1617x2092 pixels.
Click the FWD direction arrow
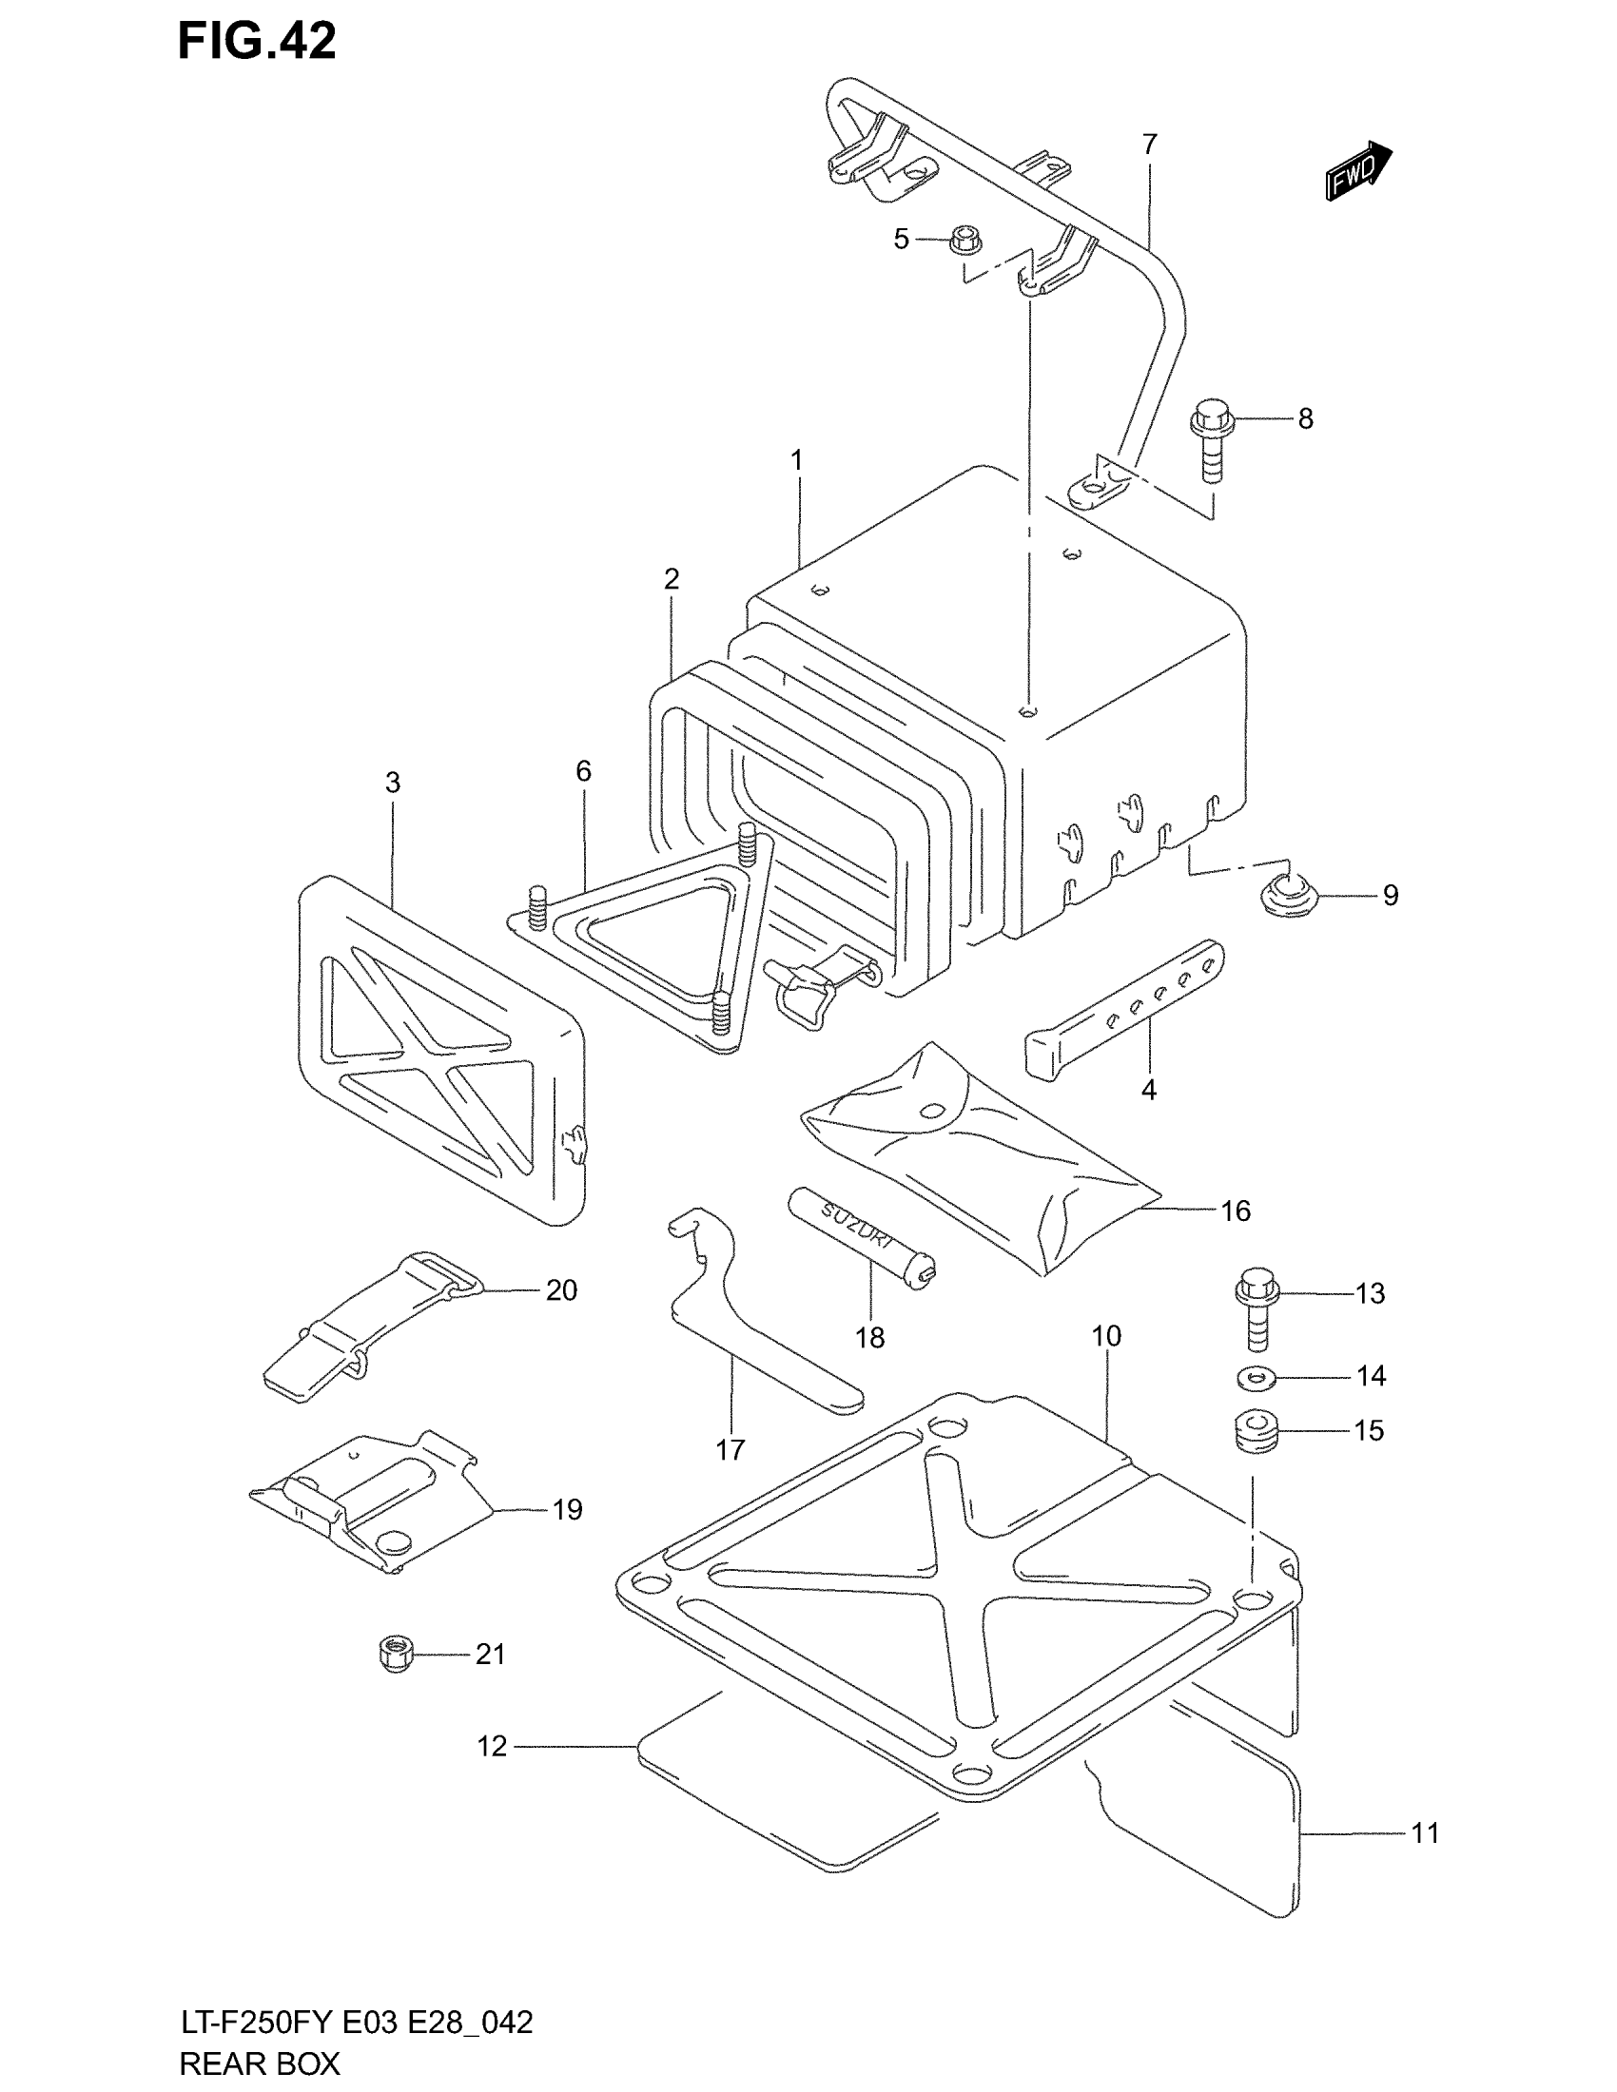pyautogui.click(x=1358, y=170)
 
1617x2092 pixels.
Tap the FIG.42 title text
pyautogui.click(x=257, y=42)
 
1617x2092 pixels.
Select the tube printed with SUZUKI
pyautogui.click(x=860, y=1232)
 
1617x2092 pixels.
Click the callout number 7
pyautogui.click(x=1150, y=145)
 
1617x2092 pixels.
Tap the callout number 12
pyautogui.click(x=492, y=1747)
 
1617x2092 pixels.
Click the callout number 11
pyautogui.click(x=1426, y=1833)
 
